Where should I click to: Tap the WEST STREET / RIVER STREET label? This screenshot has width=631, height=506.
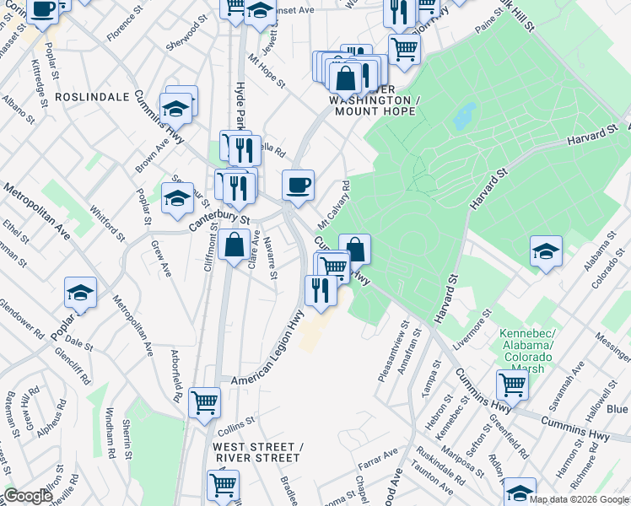point(257,452)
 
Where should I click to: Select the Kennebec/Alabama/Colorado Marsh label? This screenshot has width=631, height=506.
point(526,350)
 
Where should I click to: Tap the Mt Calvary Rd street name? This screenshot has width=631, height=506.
point(332,205)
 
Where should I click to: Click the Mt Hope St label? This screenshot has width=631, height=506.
point(267,73)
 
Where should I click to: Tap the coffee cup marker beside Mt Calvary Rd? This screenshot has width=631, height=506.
point(297,185)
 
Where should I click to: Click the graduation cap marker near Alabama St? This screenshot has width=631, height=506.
point(546,251)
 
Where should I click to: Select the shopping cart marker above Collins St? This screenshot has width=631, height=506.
point(204,402)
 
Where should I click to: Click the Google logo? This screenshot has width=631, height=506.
point(28,496)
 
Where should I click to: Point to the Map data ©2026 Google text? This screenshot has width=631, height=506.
point(580,499)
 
